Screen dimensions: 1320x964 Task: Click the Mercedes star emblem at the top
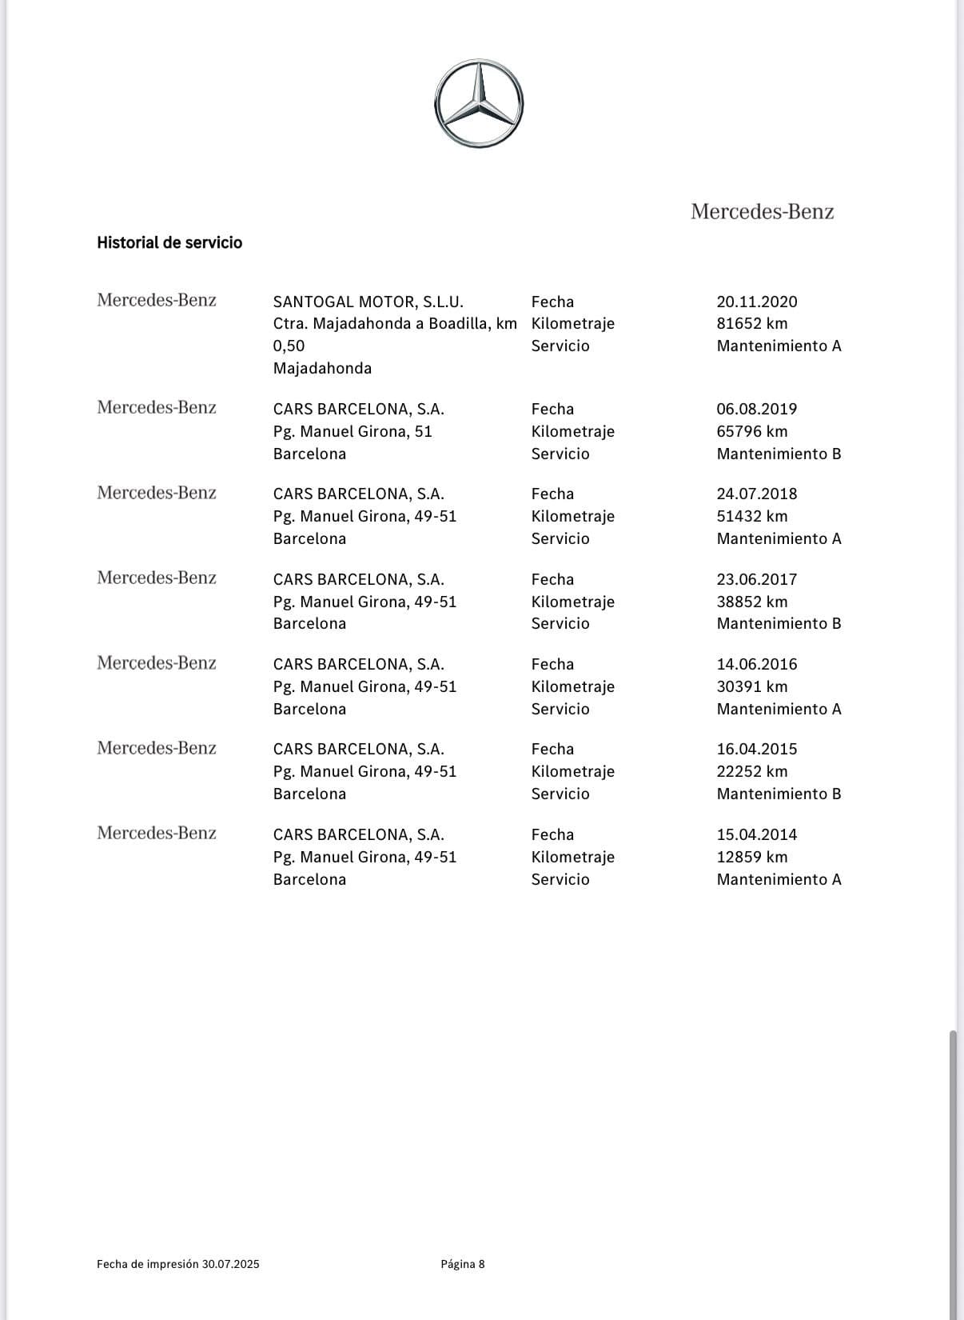click(x=479, y=103)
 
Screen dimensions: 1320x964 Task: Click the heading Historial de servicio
click(x=169, y=242)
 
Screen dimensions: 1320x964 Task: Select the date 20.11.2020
click(x=757, y=302)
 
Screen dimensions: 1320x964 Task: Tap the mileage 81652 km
click(x=752, y=324)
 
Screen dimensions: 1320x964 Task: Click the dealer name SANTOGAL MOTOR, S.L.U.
click(x=368, y=302)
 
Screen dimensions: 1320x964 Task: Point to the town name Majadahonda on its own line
click(x=322, y=368)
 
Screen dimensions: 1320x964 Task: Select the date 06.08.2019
click(x=757, y=409)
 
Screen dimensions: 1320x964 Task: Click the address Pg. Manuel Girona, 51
click(x=353, y=431)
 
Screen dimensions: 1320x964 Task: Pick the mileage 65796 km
click(x=752, y=431)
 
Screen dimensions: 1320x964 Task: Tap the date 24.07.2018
click(x=757, y=494)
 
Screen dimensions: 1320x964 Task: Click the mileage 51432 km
click(x=752, y=516)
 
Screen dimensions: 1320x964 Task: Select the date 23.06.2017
click(x=757, y=579)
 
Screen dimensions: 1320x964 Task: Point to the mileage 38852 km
click(x=752, y=602)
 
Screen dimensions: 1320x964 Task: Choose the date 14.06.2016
click(x=757, y=664)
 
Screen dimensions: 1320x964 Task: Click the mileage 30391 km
click(x=752, y=686)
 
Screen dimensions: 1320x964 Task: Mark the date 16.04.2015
click(x=757, y=749)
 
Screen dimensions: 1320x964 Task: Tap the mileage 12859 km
click(x=752, y=857)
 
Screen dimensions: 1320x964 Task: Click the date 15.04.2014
click(x=757, y=834)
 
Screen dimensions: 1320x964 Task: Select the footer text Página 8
click(x=463, y=1264)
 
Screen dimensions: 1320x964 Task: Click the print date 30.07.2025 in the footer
click(x=230, y=1264)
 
